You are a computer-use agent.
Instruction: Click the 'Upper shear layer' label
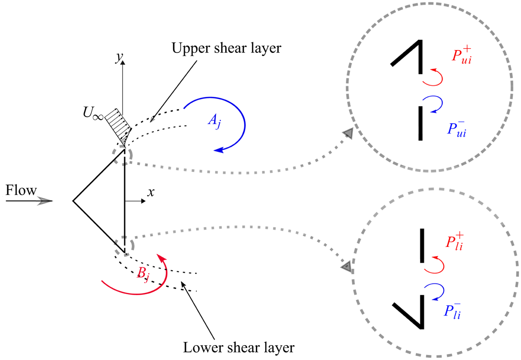pos(226,48)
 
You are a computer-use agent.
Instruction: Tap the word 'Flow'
pos(21,190)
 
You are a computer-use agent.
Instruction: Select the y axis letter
pos(120,57)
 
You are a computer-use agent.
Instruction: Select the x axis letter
pos(150,192)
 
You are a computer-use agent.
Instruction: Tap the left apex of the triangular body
pos(73,201)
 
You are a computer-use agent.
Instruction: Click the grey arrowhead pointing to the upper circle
pos(348,134)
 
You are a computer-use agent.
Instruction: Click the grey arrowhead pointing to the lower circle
pos(346,267)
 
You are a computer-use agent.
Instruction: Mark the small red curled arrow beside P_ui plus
pos(433,77)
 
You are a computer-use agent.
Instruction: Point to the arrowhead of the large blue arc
pos(218,149)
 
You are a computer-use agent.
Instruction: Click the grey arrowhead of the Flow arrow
pos(46,201)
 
